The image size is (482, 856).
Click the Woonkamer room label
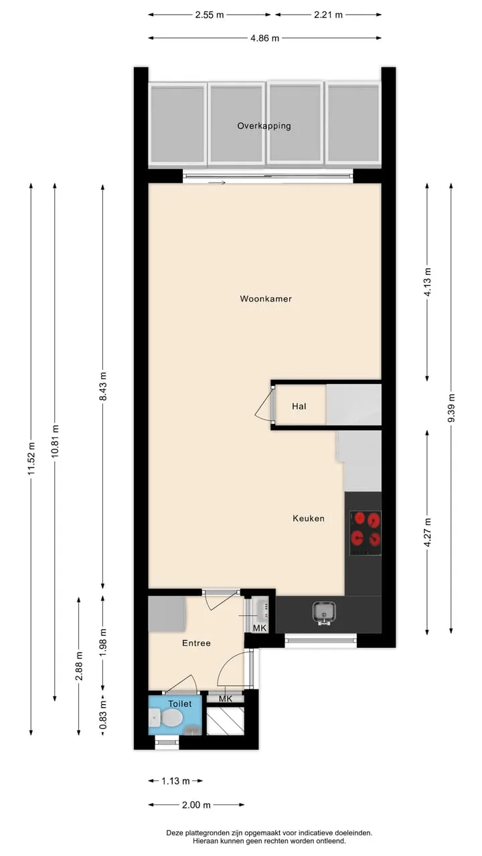tap(266, 299)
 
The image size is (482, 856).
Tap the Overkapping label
tap(264, 126)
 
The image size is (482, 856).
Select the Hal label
tap(299, 406)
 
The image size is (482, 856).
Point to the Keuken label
tap(309, 518)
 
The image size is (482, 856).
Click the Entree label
tap(196, 643)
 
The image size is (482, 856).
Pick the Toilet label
tap(180, 704)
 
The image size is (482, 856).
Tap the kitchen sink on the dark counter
tap(323, 613)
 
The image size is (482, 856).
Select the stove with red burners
tap(366, 533)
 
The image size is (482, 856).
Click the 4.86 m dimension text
tap(264, 38)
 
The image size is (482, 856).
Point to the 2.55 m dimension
tap(210, 15)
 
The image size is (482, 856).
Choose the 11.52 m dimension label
tap(31, 459)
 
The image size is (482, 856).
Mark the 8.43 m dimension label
tap(102, 386)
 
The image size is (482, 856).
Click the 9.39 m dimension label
tap(451, 408)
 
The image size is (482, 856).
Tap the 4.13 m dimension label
tap(428, 282)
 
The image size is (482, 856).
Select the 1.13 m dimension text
tap(175, 781)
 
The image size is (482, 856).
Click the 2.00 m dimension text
tap(196, 805)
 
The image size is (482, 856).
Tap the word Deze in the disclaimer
tap(175, 833)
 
